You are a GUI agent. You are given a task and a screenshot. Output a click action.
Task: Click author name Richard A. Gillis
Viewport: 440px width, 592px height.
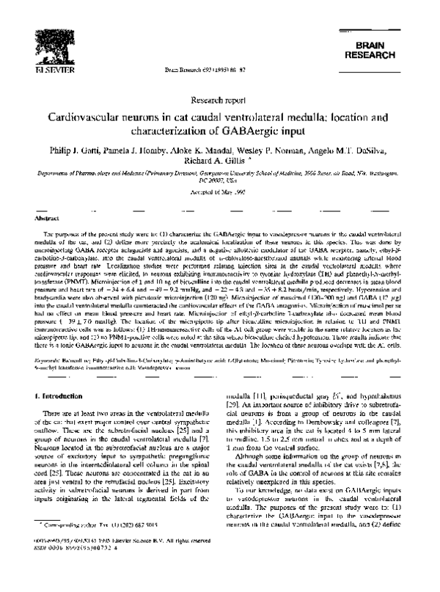pyautogui.click(x=214, y=164)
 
